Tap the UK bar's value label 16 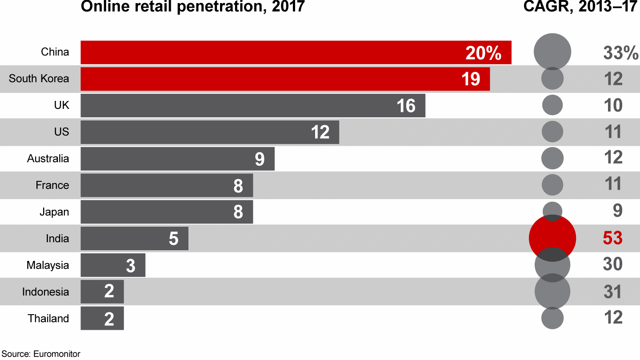(406, 106)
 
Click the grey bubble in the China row (552, 52)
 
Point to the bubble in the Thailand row (552, 318)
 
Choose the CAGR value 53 (612, 238)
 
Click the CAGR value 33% (620, 53)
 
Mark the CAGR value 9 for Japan (617, 211)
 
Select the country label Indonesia (46, 292)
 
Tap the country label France (52, 185)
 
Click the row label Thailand (48, 319)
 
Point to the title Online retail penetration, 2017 (192, 7)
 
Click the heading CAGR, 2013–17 (580, 7)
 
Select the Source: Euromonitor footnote (40, 354)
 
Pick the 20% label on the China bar (483, 53)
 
